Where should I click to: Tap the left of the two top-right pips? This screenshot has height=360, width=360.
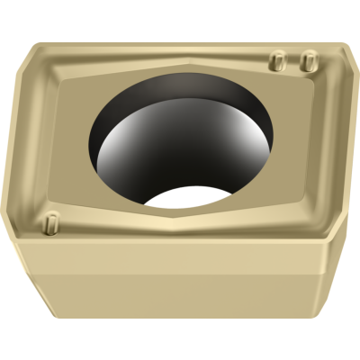pyautogui.click(x=278, y=60)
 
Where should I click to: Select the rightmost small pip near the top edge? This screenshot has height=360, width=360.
pyautogui.click(x=307, y=60)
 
